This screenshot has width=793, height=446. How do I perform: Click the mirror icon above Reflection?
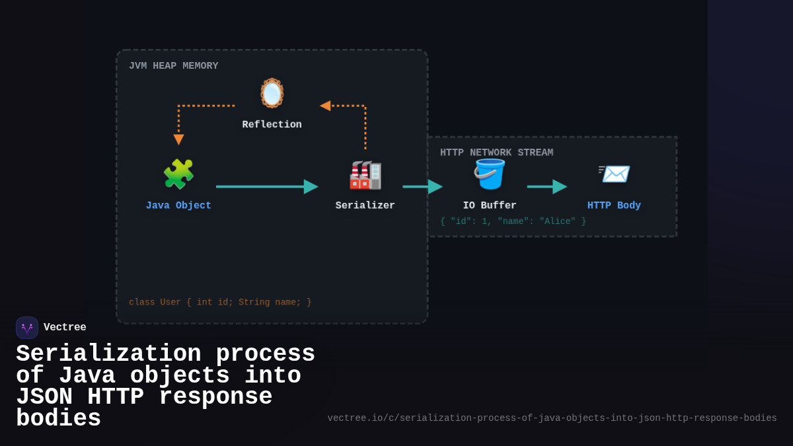(272, 93)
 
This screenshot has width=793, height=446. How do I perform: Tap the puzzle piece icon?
(178, 174)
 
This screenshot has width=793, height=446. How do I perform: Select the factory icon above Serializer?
(365, 174)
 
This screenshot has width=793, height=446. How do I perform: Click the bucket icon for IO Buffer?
(490, 174)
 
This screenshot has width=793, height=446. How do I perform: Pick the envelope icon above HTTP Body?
(614, 174)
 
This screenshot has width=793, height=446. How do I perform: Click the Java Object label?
(178, 205)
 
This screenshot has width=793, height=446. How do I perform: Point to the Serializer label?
(365, 205)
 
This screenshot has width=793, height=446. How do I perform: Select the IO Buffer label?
(490, 205)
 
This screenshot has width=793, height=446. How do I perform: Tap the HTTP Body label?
(614, 205)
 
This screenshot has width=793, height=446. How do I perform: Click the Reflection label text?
(272, 125)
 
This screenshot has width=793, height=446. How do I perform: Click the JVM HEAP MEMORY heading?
(173, 66)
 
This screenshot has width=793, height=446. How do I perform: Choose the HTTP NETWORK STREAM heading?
(496, 153)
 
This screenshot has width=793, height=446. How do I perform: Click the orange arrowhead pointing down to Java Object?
(178, 139)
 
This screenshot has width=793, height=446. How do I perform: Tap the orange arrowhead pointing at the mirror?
(325, 106)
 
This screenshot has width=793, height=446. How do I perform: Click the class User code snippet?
(220, 302)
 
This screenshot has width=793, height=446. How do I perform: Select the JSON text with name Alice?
(513, 221)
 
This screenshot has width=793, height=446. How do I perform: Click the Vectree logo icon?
(27, 328)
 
